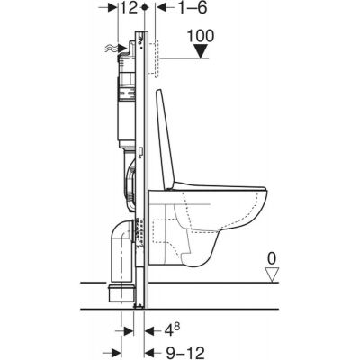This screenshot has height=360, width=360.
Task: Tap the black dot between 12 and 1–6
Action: pos(146,8)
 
